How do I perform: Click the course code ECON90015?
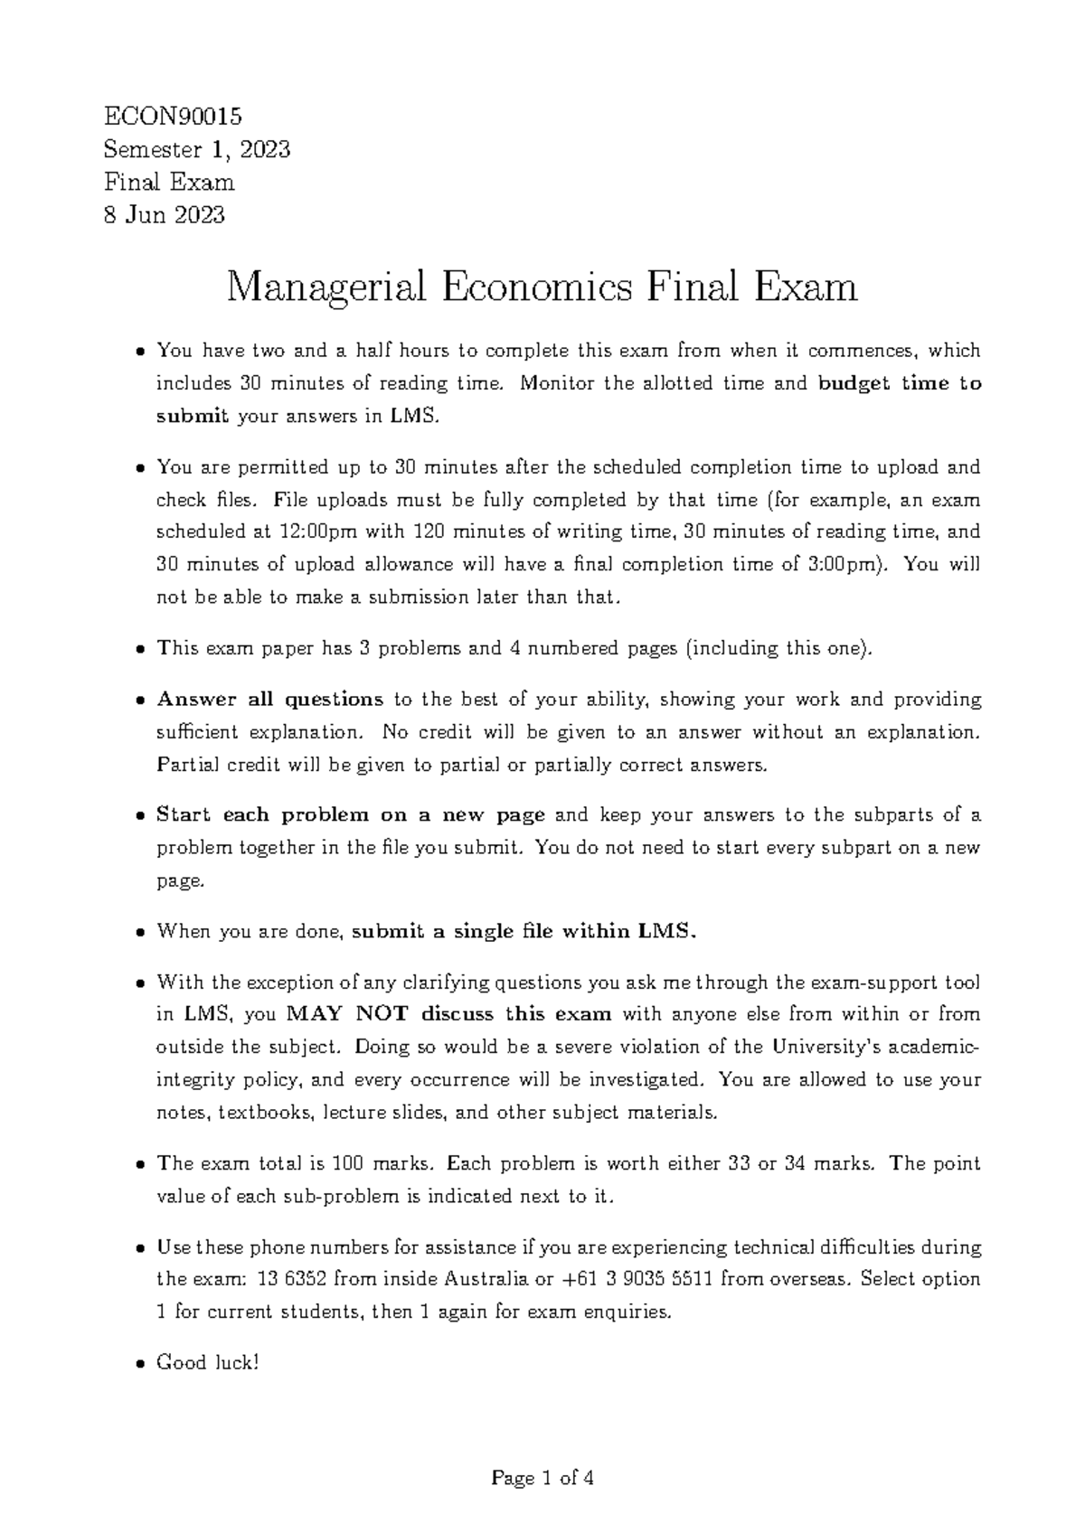tap(174, 117)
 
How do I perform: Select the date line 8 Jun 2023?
tap(165, 215)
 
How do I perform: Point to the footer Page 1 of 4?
tap(542, 1479)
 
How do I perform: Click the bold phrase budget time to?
tap(899, 383)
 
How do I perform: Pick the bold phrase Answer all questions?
tap(270, 700)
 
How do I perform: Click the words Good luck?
tap(208, 1363)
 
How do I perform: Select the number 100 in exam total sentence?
tap(349, 1164)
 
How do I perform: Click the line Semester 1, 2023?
tap(197, 150)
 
